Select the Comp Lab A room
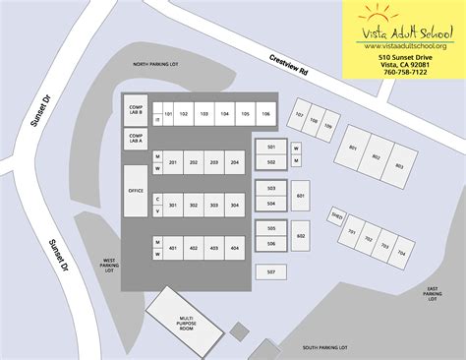135,138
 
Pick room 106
265,114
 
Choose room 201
172,162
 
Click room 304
234,205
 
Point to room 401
172,248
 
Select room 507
271,270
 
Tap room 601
301,196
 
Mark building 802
376,157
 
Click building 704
400,252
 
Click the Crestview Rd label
289,72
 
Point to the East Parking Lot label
433,293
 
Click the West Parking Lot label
109,266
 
